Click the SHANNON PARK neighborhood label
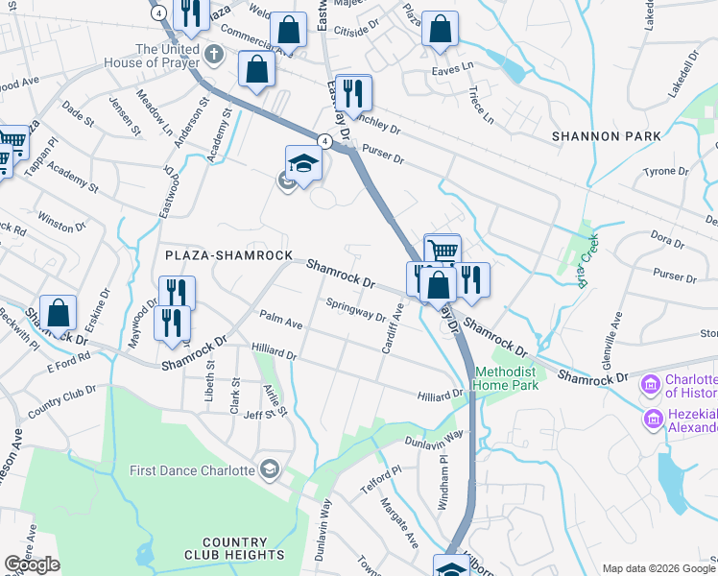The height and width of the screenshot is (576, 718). click(607, 136)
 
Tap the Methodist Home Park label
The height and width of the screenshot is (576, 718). click(504, 377)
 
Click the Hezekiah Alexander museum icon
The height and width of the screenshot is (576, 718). click(653, 419)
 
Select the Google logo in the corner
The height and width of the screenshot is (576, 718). click(33, 564)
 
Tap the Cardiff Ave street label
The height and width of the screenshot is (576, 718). click(392, 328)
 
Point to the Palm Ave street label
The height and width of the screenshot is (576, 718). click(280, 321)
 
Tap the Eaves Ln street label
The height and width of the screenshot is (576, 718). click(454, 65)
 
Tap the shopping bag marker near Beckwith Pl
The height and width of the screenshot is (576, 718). click(58, 313)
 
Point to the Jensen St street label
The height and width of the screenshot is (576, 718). click(126, 115)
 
